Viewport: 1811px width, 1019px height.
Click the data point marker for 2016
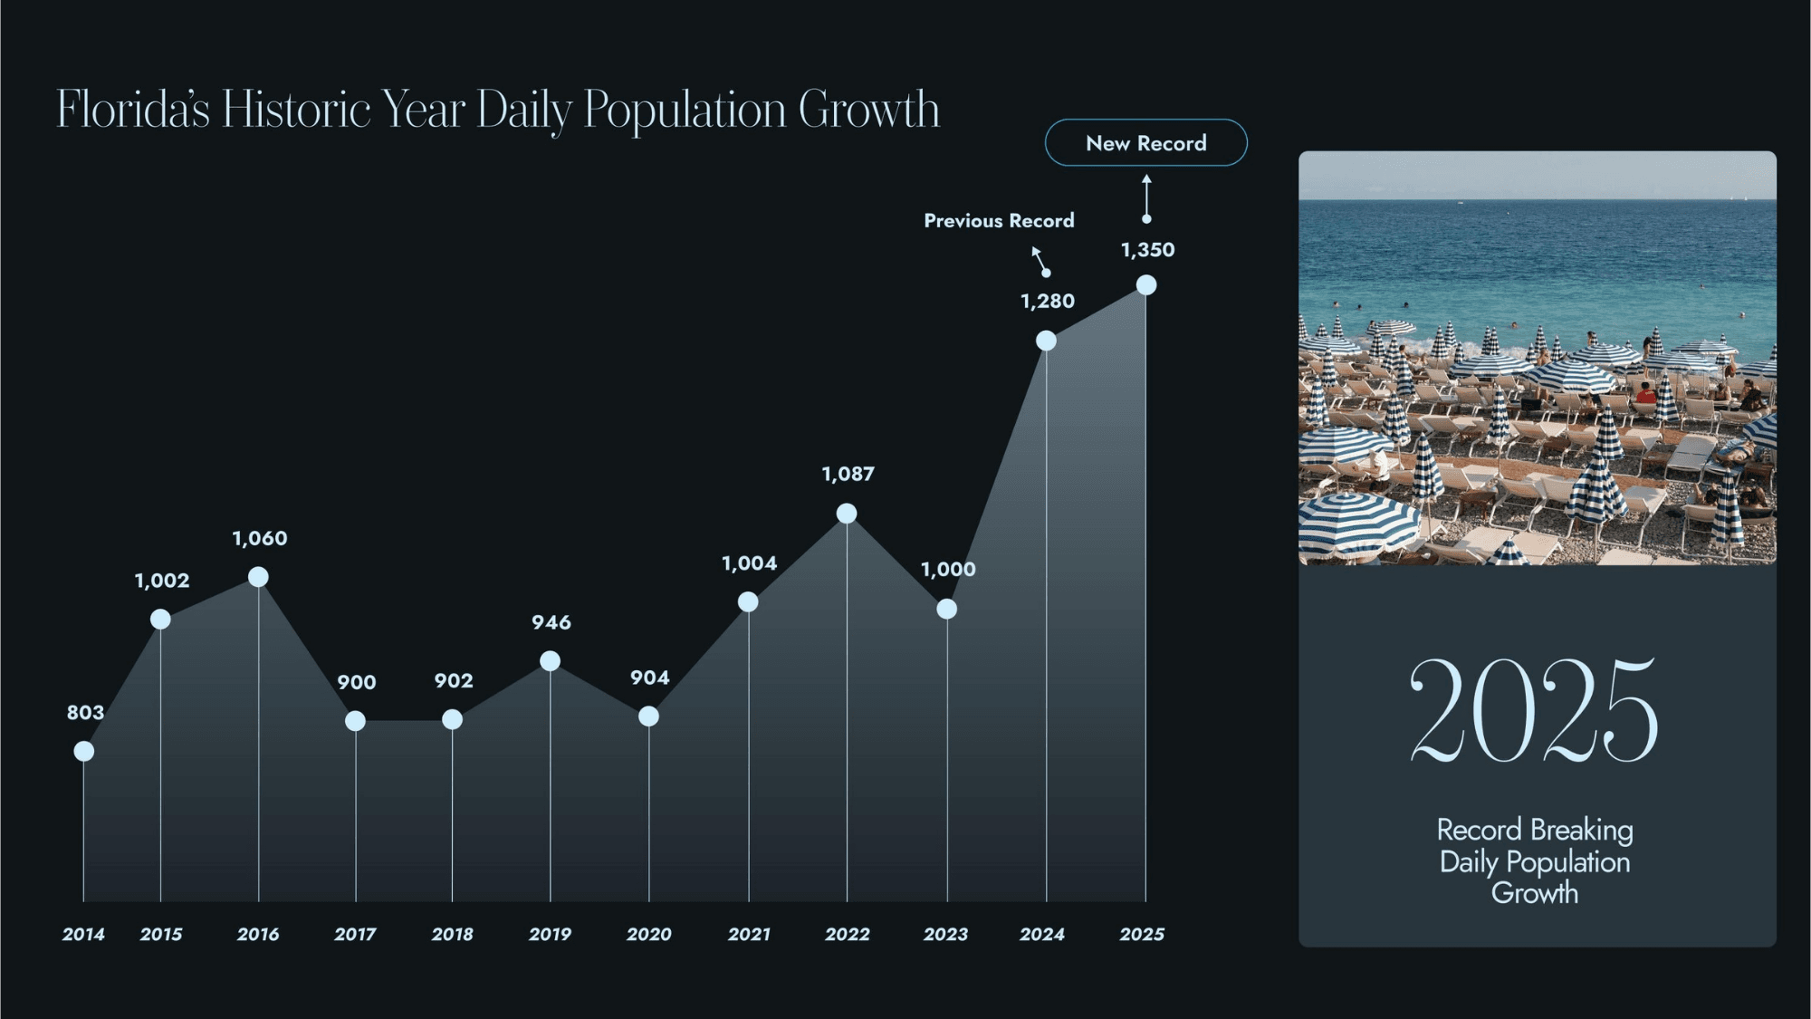coord(258,577)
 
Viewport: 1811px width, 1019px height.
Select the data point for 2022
coord(847,514)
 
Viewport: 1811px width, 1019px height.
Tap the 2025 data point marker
coord(1146,285)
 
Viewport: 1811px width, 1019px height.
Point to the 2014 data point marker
coord(83,751)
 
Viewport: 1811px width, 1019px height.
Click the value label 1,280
coord(1048,302)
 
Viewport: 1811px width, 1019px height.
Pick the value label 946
coord(551,622)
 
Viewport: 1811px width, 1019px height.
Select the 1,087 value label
coord(848,474)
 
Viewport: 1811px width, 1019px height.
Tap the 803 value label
coord(85,713)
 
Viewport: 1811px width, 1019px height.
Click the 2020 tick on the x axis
coord(649,934)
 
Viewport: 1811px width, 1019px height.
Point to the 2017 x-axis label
coord(355,934)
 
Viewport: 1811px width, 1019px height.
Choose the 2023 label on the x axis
coord(945,934)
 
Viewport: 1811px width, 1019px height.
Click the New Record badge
coord(1145,143)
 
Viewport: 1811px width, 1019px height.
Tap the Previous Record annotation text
coord(999,221)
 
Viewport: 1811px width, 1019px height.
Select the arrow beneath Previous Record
coord(1041,261)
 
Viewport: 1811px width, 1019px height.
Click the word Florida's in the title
coord(133,110)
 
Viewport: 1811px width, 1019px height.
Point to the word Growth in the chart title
coord(869,110)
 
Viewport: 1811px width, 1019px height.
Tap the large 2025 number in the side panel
coord(1535,710)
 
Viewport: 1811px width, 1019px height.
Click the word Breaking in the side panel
coord(1582,830)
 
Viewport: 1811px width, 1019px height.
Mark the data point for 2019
coord(550,661)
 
